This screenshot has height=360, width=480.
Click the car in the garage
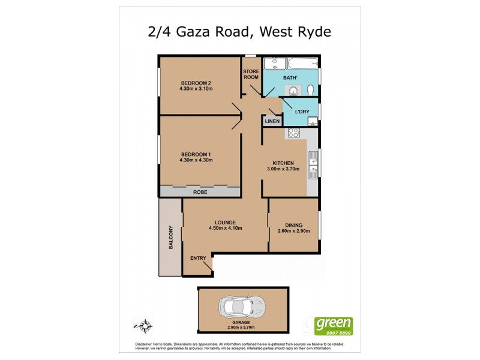pos(243,307)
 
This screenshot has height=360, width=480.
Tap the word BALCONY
pos(171,237)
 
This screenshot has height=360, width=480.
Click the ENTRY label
pos(198,258)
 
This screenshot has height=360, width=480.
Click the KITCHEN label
pos(283,163)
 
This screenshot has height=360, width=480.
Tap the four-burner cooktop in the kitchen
pos(294,134)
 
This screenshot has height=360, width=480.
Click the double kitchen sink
pos(313,166)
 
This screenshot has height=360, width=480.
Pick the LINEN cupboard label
pos(272,121)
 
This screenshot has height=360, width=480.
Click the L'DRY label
pos(301,112)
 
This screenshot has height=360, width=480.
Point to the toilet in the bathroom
pos(310,90)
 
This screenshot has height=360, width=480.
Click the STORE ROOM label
pos(251,74)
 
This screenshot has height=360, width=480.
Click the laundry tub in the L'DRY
pos(312,122)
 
